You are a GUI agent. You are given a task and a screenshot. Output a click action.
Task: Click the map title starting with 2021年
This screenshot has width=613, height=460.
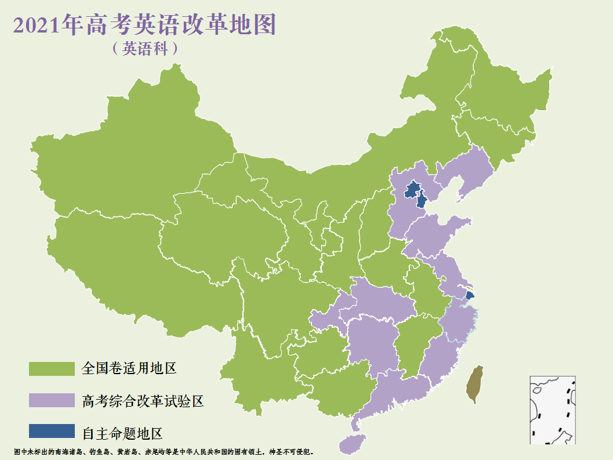click(x=144, y=26)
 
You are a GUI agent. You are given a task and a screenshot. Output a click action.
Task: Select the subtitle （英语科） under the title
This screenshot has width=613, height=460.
click(x=145, y=49)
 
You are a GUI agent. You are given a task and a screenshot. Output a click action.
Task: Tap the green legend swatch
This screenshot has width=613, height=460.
click(x=52, y=368)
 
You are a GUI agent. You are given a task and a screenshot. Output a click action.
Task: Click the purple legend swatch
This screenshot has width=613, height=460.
click(x=52, y=400)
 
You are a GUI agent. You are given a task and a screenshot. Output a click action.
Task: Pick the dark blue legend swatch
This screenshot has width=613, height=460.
click(x=52, y=431)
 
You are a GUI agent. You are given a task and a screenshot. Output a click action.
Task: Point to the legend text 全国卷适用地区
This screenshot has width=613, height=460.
click(x=129, y=368)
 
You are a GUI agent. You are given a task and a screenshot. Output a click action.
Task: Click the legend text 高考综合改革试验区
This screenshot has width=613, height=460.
click(x=143, y=400)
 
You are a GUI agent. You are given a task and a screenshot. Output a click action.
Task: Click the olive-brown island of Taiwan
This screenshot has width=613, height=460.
click(x=476, y=385)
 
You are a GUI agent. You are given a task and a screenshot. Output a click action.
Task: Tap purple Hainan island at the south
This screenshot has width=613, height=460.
click(x=351, y=444)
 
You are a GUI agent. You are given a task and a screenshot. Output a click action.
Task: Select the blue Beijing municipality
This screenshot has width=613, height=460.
click(x=412, y=189)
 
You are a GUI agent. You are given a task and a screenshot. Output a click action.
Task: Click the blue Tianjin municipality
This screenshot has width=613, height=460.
click(x=422, y=201)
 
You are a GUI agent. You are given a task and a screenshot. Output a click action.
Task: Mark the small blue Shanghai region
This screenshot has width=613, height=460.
click(x=469, y=295)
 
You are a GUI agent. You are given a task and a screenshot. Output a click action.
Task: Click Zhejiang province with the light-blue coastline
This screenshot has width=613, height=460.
click(x=458, y=322)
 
